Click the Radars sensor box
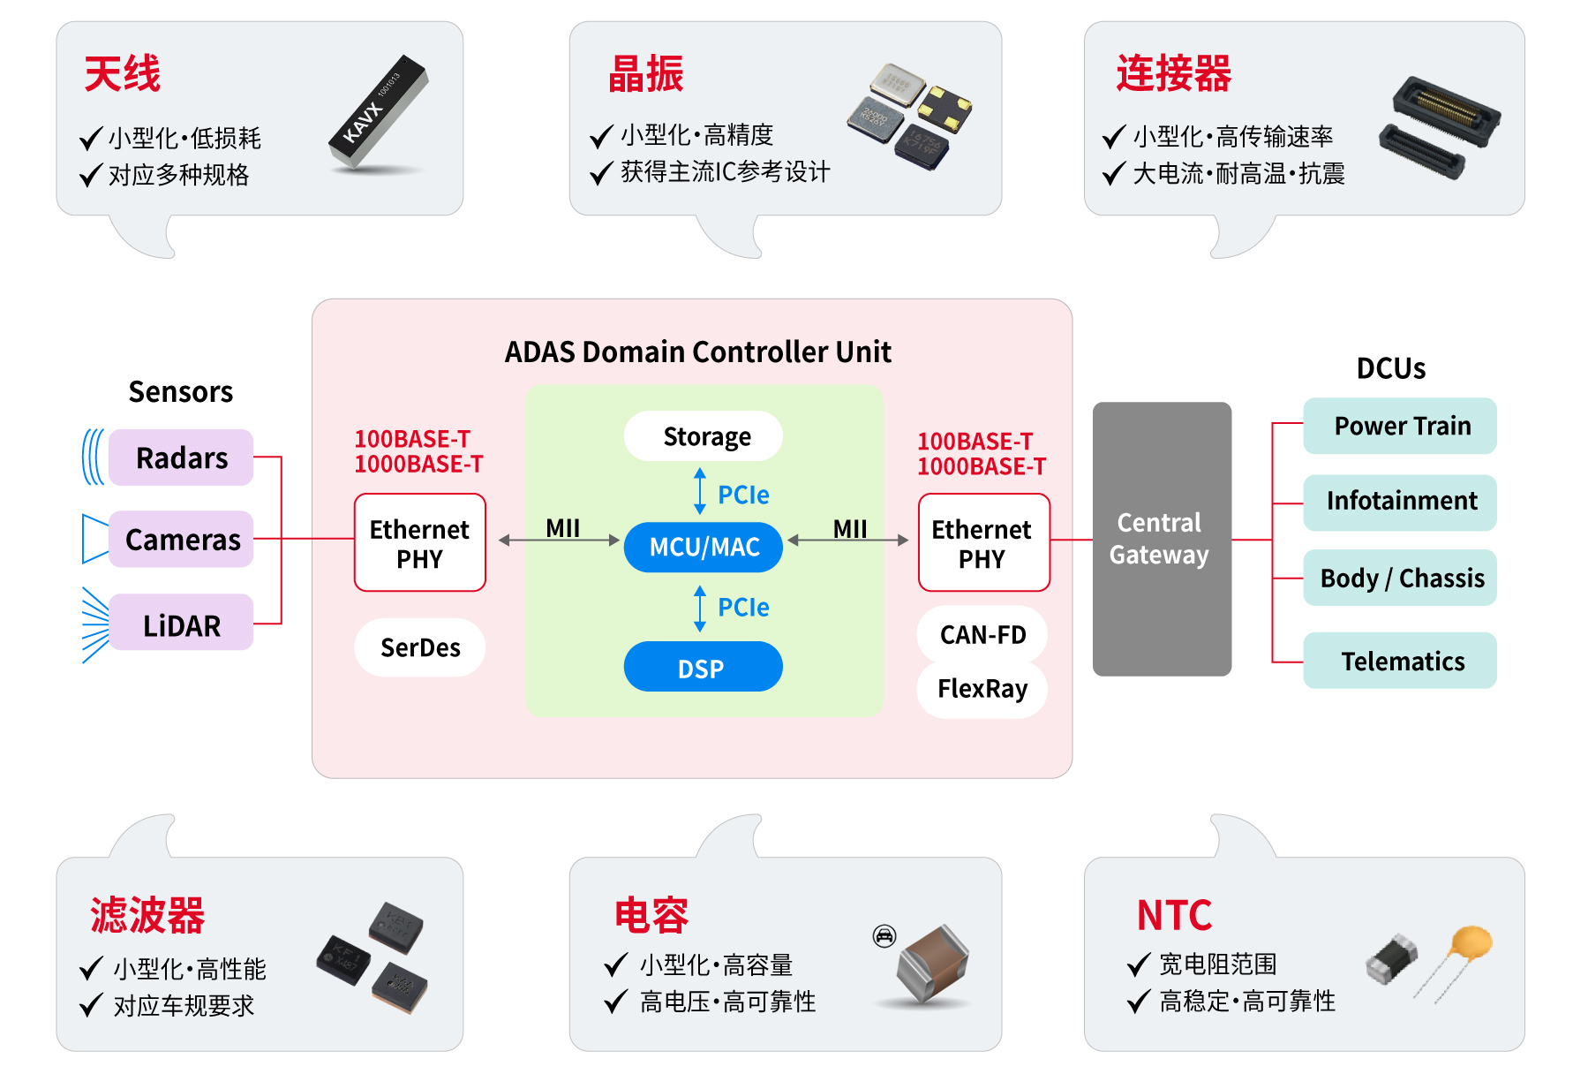pyautogui.click(x=181, y=458)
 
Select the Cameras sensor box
pyautogui.click(x=181, y=539)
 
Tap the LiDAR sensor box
pyautogui.click(x=181, y=624)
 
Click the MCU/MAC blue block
pyautogui.click(x=704, y=547)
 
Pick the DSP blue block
pyautogui.click(x=704, y=667)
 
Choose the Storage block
pyautogui.click(x=704, y=436)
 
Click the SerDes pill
pyautogui.click(x=420, y=647)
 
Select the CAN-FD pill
pyautogui.click(x=982, y=634)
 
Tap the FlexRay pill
pyautogui.click(x=982, y=689)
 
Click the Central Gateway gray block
pyautogui.click(x=1162, y=539)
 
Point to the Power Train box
pyautogui.click(x=1400, y=426)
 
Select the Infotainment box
pyautogui.click(x=1400, y=502)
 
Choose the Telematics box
pyautogui.click(x=1400, y=661)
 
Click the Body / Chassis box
pyautogui.click(x=1400, y=578)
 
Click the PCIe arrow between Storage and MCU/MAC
pyautogui.click(x=700, y=492)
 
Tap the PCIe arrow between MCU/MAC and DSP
pyautogui.click(x=700, y=608)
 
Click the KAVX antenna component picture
pyautogui.click(x=379, y=113)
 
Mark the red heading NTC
pyautogui.click(x=1174, y=915)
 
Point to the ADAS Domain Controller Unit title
pyautogui.click(x=697, y=352)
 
